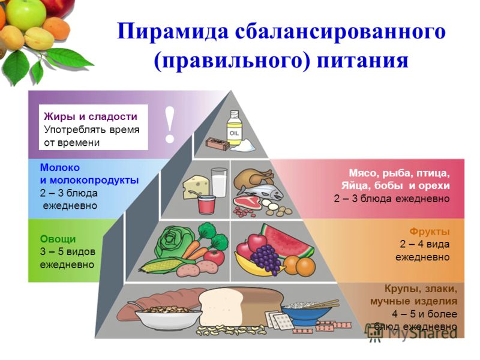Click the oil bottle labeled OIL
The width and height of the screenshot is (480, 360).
click(x=234, y=128)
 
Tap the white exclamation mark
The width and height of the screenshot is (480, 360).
click(x=169, y=125)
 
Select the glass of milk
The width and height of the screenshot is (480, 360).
click(x=219, y=182)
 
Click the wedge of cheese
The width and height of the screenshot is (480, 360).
click(x=196, y=187)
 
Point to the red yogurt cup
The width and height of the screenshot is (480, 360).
click(x=207, y=204)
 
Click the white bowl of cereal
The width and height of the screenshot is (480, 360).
click(x=168, y=317)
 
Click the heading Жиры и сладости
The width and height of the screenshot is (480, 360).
click(x=91, y=116)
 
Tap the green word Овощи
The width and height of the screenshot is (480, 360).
click(x=58, y=239)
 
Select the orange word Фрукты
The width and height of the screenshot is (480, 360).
click(x=430, y=232)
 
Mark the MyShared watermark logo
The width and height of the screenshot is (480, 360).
click(x=412, y=332)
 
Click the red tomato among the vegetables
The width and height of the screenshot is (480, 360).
click(x=214, y=257)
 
